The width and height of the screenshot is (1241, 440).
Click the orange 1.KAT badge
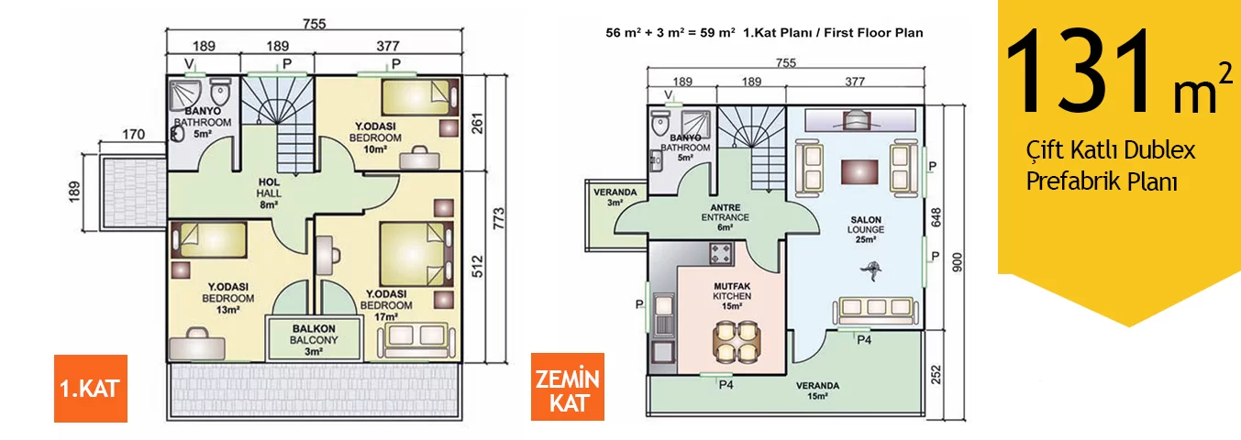(91, 389)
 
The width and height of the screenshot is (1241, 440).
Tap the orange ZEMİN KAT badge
(568, 387)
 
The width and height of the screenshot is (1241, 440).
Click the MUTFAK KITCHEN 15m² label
(732, 296)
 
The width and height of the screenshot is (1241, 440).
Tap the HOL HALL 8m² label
(269, 193)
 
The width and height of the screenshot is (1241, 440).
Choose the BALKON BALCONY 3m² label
(314, 340)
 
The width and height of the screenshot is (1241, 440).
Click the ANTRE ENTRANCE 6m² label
(726, 217)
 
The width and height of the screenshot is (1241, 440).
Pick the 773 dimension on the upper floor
(499, 218)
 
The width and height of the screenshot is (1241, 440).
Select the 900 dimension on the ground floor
(958, 262)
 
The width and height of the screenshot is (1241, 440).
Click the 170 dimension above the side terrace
(134, 135)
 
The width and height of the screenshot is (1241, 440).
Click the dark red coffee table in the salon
(859, 171)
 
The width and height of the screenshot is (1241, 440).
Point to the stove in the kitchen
(721, 254)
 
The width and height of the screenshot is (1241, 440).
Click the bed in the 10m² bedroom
(420, 97)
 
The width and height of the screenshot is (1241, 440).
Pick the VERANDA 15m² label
(818, 390)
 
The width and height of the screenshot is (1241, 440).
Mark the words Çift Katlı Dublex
(1110, 150)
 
